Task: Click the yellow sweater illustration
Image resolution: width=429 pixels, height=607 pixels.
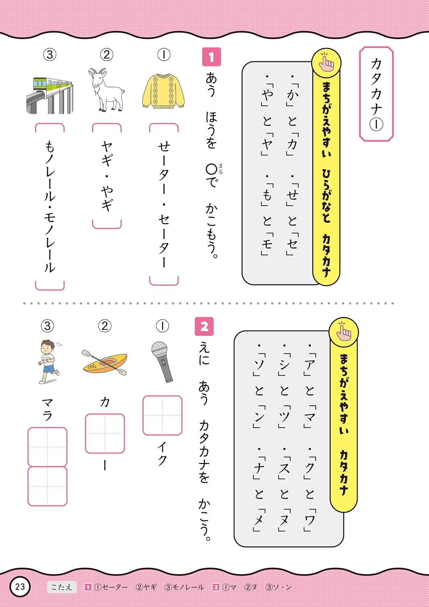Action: pyautogui.click(x=163, y=91)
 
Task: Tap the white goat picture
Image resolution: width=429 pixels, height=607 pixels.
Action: pyautogui.click(x=106, y=90)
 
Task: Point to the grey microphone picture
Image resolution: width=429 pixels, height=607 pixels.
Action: pyautogui.click(x=162, y=362)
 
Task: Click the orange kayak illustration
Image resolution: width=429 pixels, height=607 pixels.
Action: pyautogui.click(x=105, y=362)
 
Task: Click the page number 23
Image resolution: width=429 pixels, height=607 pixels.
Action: pyautogui.click(x=20, y=587)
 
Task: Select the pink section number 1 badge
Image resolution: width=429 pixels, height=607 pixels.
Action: pyautogui.click(x=212, y=57)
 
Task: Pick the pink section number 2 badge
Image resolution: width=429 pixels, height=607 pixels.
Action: pyautogui.click(x=204, y=327)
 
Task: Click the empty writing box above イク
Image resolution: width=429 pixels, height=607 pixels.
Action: pyautogui.click(x=162, y=416)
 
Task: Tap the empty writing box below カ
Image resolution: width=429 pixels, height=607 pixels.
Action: pyautogui.click(x=105, y=433)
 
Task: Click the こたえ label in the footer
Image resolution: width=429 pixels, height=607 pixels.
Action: pyautogui.click(x=62, y=587)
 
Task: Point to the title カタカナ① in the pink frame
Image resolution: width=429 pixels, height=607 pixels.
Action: pyautogui.click(x=376, y=94)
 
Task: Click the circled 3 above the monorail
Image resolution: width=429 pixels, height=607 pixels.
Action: pyautogui.click(x=50, y=55)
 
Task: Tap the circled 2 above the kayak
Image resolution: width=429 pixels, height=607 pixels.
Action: pyautogui.click(x=105, y=326)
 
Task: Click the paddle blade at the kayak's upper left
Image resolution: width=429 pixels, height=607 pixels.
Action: pyautogui.click(x=86, y=353)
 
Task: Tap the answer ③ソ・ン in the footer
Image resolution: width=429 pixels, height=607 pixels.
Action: pyautogui.click(x=279, y=587)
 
